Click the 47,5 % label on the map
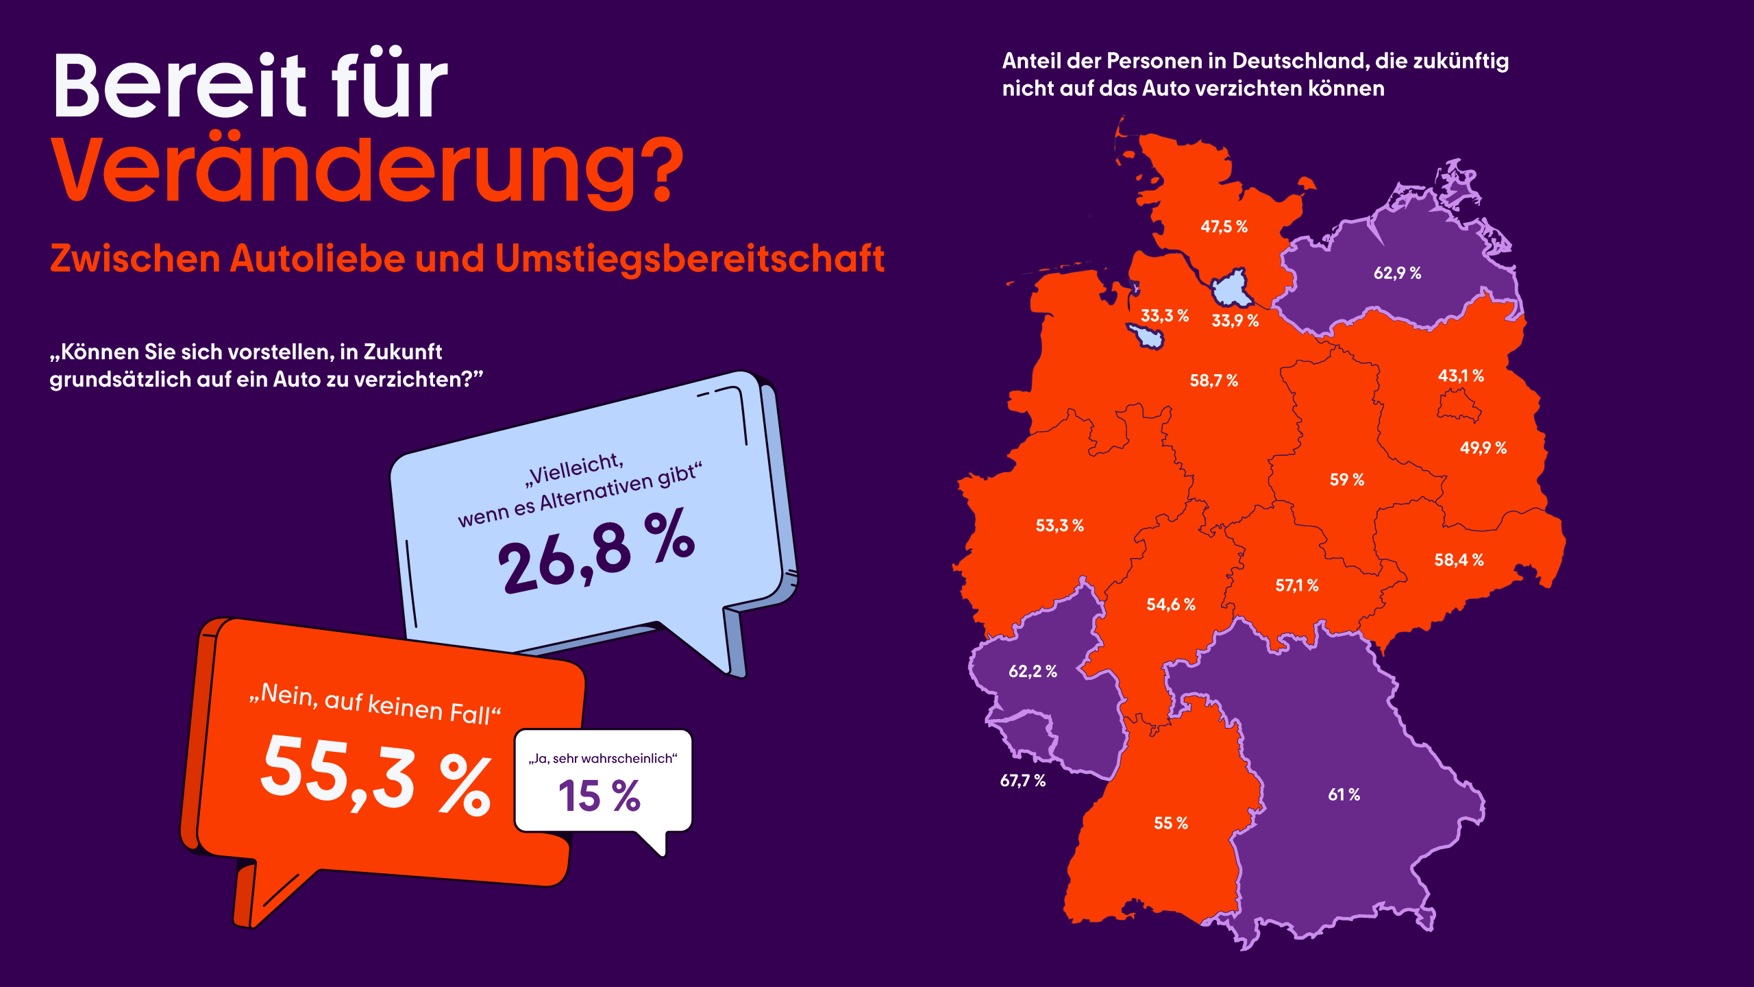1224,227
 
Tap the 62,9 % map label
1397,273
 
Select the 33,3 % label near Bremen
1164,316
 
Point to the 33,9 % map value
1235,321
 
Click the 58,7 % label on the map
1213,381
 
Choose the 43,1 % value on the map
1461,376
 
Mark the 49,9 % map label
1483,448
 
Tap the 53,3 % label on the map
1059,526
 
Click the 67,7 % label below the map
1022,781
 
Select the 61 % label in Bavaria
1344,795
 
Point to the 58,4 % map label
1459,560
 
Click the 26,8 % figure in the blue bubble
596,552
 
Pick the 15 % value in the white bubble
600,796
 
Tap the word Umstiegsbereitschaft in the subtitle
689,259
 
